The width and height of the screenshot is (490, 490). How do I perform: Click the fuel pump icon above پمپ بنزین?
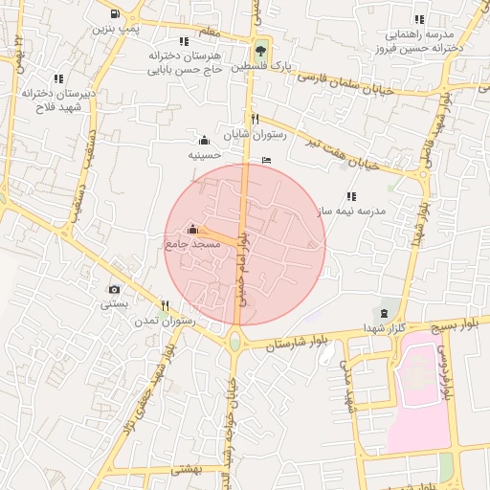point(116,14)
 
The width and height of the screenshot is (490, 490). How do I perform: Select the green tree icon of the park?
point(260,51)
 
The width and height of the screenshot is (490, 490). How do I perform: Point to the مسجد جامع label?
point(193,245)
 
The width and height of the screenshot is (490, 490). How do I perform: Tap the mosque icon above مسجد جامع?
point(192,230)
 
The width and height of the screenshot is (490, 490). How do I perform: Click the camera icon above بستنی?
point(115,289)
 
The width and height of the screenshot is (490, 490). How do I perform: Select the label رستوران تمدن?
point(166,323)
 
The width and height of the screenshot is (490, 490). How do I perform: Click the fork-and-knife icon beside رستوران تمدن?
point(166,306)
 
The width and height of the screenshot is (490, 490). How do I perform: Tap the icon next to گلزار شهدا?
point(384,313)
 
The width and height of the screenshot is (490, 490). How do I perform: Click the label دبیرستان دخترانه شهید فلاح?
point(59,100)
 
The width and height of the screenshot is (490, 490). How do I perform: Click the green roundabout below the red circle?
point(234,341)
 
